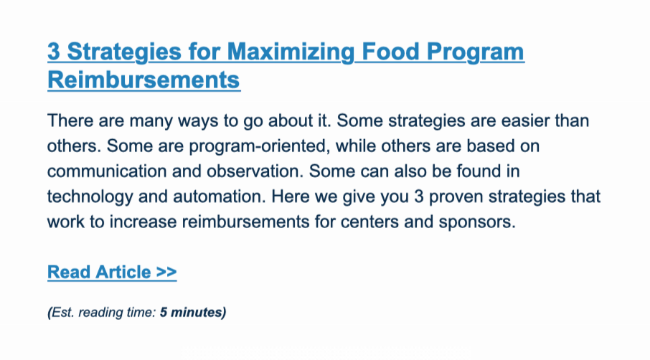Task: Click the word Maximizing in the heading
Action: pyautogui.click(x=291, y=52)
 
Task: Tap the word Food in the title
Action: pyautogui.click(x=391, y=52)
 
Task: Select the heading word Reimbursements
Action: pyautogui.click(x=143, y=80)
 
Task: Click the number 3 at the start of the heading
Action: pyautogui.click(x=54, y=52)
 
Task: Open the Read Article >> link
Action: pyautogui.click(x=112, y=273)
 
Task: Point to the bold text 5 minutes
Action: pyautogui.click(x=193, y=312)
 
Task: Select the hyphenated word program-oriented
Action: pyautogui.click(x=260, y=146)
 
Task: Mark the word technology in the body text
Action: pyautogui.click(x=90, y=196)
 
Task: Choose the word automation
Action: pyautogui.click(x=220, y=196)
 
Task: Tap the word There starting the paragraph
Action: pyautogui.click(x=70, y=120)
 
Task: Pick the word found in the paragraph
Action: pyautogui.click(x=479, y=171)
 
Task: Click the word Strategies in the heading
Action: pyautogui.click(x=124, y=52)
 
